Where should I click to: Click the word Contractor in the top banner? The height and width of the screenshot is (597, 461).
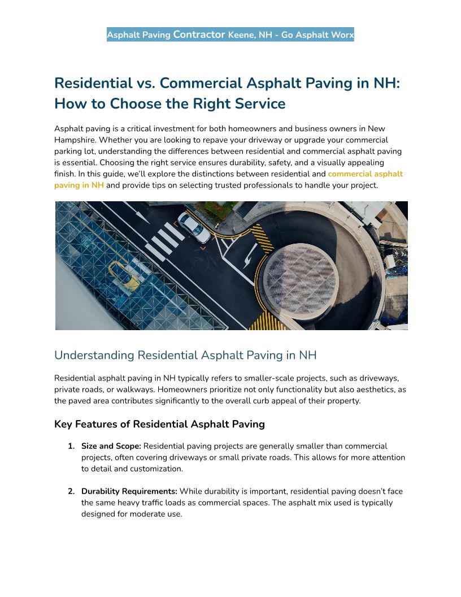tap(199, 34)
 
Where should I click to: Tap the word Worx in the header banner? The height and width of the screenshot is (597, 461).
tap(341, 35)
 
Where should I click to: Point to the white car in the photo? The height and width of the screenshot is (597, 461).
tap(194, 227)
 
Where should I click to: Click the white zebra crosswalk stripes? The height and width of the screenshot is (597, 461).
tap(164, 240)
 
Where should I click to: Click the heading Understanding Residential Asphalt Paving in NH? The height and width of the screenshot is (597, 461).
tap(185, 355)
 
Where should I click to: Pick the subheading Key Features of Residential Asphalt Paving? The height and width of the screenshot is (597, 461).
tap(159, 424)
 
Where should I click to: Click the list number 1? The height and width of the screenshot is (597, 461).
tap(71, 446)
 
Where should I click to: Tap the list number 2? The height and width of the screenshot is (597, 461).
tap(71, 491)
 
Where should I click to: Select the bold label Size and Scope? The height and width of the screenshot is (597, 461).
tap(111, 446)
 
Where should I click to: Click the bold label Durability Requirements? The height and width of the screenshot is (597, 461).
tap(129, 491)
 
